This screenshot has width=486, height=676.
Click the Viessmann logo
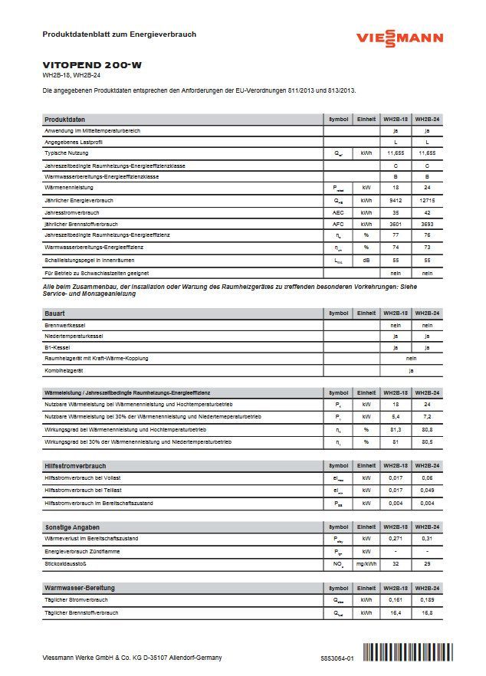pyautogui.click(x=399, y=39)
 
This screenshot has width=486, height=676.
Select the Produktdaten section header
pyautogui.click(x=65, y=120)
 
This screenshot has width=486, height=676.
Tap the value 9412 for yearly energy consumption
pyautogui.click(x=396, y=199)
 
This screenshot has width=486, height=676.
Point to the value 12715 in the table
pyautogui.click(x=427, y=199)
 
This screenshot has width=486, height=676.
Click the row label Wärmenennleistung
pyautogui.click(x=70, y=187)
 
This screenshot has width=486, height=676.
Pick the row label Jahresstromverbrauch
pyautogui.click(x=72, y=212)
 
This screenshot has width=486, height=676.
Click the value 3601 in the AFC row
pyautogui.click(x=396, y=224)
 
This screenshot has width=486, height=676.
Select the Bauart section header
pyautogui.click(x=55, y=313)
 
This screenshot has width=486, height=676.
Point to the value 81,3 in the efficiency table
pyautogui.click(x=396, y=430)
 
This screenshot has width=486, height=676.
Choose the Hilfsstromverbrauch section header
pyautogui.click(x=75, y=466)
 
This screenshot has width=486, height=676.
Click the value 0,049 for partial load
pyautogui.click(x=427, y=491)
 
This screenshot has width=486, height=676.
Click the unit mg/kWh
pyautogui.click(x=366, y=564)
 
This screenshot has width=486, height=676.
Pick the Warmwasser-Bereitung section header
pyautogui.click(x=80, y=587)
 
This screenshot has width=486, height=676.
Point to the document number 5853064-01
pyautogui.click(x=337, y=658)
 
